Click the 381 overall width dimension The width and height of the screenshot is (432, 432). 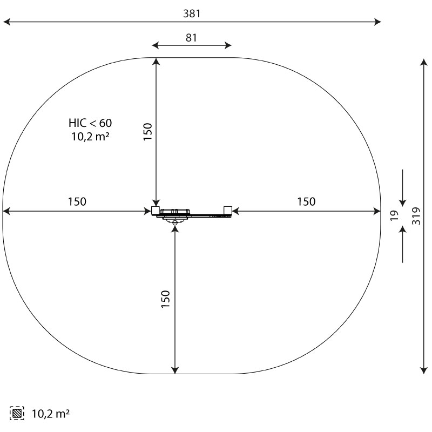pyautogui.click(x=192, y=13)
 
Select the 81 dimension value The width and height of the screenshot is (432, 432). pyautogui.click(x=191, y=38)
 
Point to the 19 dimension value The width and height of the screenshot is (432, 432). pyautogui.click(x=395, y=215)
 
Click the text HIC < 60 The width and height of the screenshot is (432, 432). pyautogui.click(x=90, y=123)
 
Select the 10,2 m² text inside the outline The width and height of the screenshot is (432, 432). pyautogui.click(x=90, y=137)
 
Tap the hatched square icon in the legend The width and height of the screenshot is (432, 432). pyautogui.click(x=17, y=413)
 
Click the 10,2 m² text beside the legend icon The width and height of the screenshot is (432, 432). pyautogui.click(x=50, y=414)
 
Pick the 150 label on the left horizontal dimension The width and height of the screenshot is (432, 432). pyautogui.click(x=77, y=201)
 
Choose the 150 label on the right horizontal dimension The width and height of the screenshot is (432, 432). pyautogui.click(x=306, y=201)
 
